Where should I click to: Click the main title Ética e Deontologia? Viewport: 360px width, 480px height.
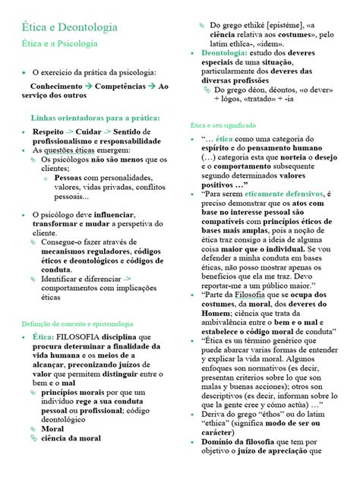point(69,27)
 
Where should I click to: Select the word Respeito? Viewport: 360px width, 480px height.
point(49,131)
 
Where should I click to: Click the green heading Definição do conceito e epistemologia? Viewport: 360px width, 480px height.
point(85,302)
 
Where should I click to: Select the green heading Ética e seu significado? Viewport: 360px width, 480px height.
point(223,124)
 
